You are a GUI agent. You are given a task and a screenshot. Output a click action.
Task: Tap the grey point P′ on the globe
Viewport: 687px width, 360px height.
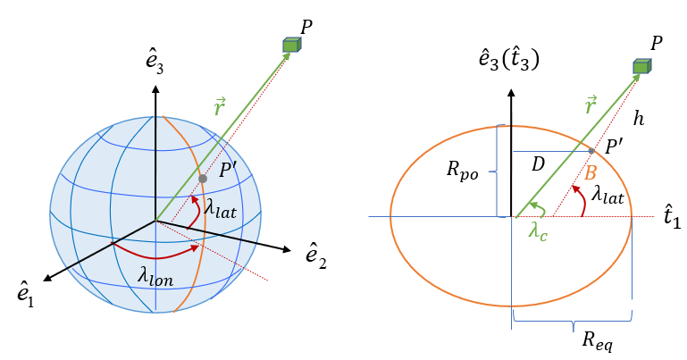(x=203, y=180)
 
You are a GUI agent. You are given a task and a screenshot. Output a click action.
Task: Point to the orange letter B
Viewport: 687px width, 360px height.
(x=590, y=172)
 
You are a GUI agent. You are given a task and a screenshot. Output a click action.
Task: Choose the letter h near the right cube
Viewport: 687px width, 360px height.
(x=639, y=117)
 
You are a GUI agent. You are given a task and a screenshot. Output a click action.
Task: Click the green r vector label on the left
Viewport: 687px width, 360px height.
(x=221, y=107)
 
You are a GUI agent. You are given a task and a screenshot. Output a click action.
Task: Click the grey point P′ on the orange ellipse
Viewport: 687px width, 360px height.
(x=592, y=150)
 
